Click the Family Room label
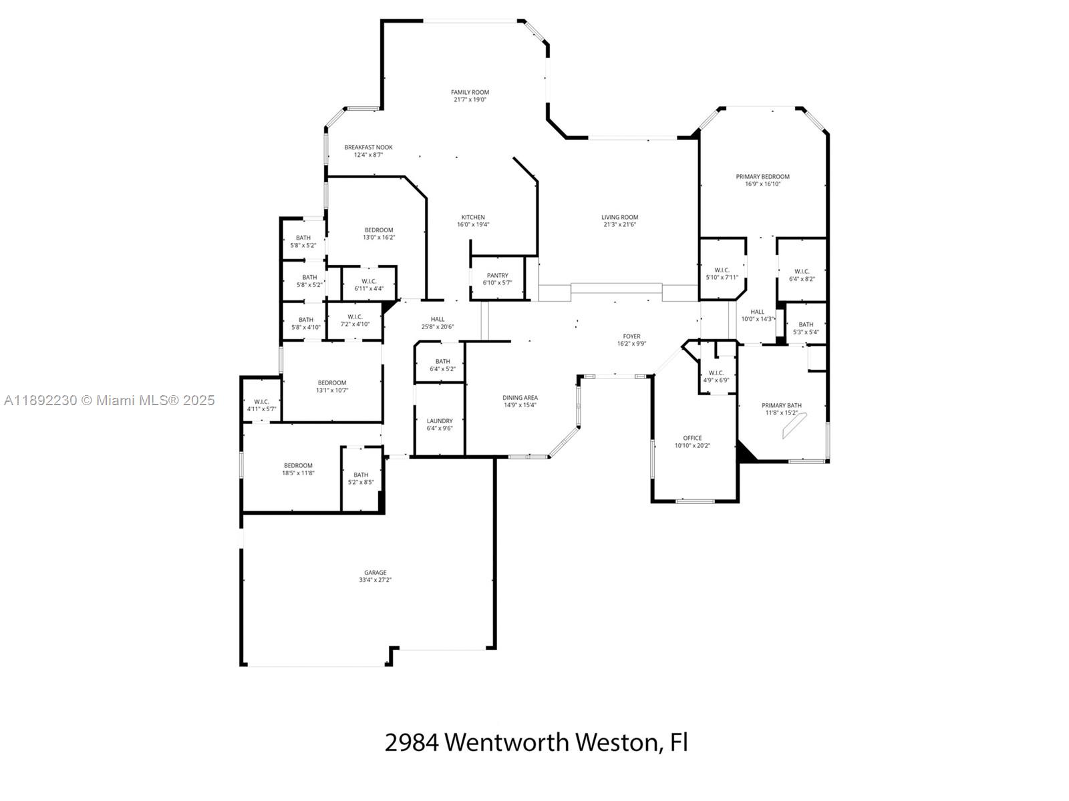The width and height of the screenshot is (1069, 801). tap(470, 92)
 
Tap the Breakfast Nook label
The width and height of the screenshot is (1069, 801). tap(368, 148)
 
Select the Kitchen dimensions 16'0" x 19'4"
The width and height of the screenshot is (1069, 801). tap(473, 225)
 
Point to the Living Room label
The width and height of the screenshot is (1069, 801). tap(619, 218)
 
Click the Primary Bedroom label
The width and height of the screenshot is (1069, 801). tap(763, 176)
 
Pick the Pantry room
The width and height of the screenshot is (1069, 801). tap(497, 278)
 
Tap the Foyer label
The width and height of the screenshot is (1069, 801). tap(631, 336)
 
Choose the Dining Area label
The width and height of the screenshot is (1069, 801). tap(520, 398)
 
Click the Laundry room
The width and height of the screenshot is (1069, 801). tap(439, 419)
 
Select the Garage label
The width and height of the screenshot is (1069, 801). tap(375, 573)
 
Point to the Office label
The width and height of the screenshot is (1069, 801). tap(692, 438)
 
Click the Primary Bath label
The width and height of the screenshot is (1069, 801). tap(781, 405)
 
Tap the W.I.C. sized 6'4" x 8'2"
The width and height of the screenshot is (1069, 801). tap(802, 270)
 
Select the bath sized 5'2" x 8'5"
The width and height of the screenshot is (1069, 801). tap(361, 479)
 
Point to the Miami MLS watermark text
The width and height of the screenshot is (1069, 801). tap(109, 400)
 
